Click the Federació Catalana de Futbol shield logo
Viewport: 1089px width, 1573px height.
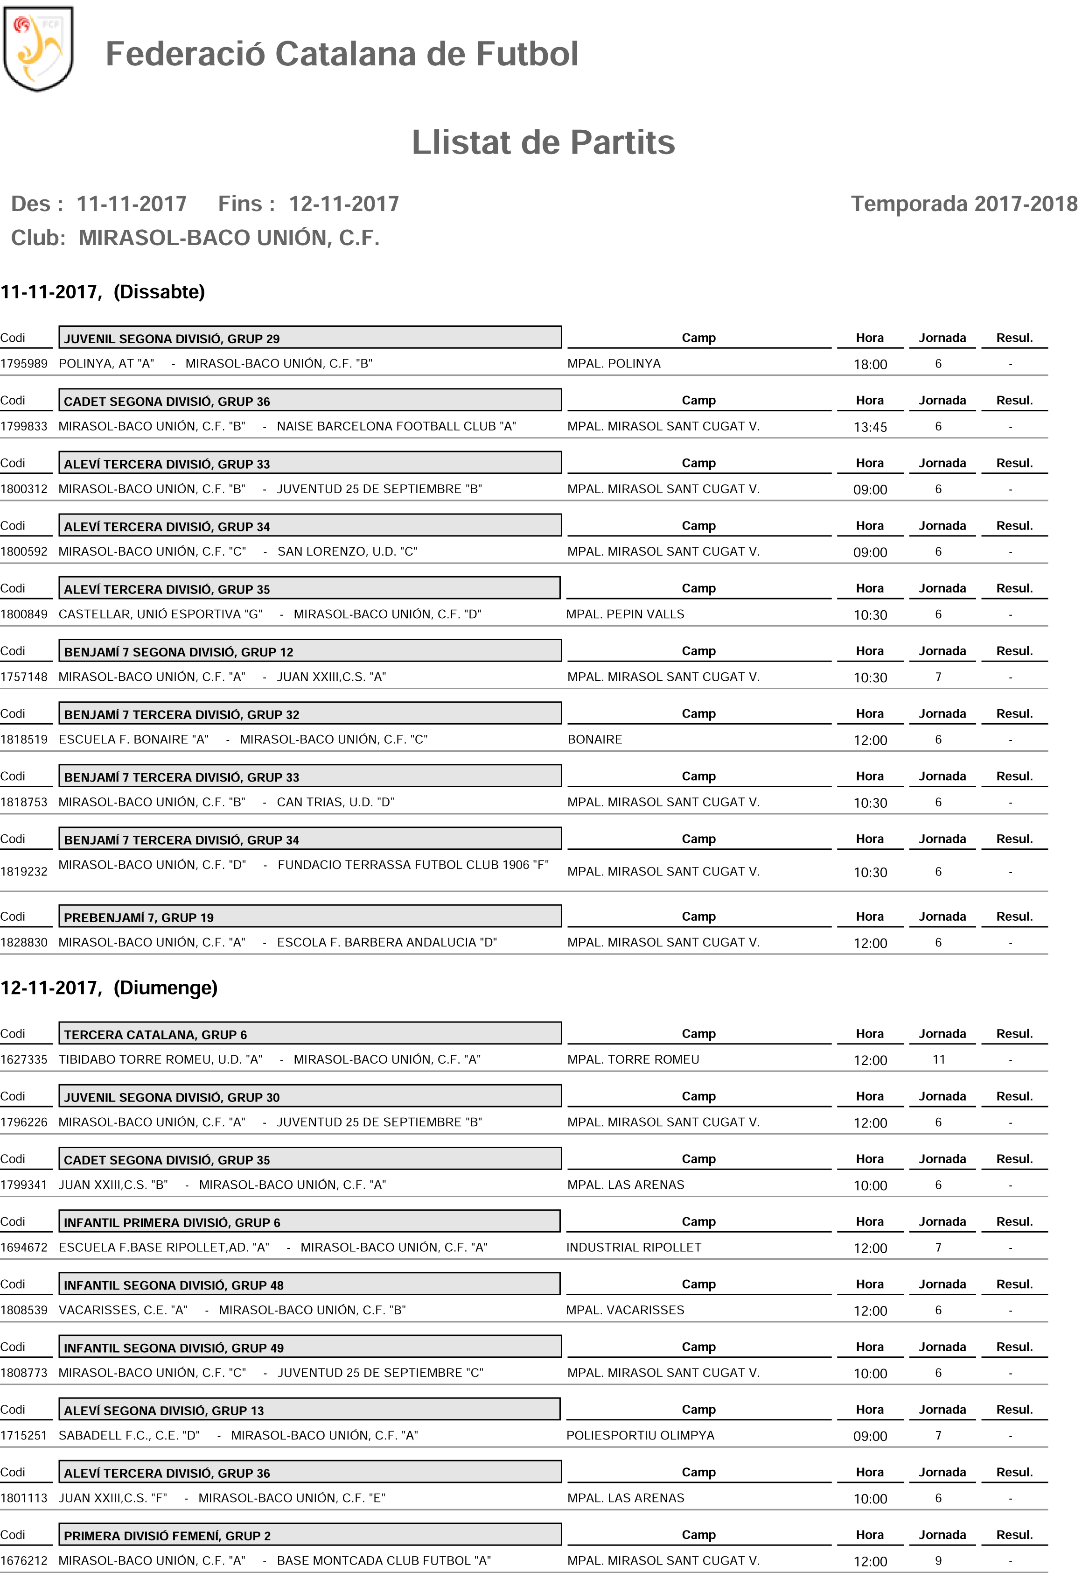(x=38, y=49)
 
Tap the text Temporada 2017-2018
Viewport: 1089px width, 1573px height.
(x=963, y=204)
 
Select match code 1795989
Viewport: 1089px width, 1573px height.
(x=24, y=364)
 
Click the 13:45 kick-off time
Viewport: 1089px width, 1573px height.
(x=870, y=427)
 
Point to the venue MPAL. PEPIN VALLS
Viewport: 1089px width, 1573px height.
(x=625, y=614)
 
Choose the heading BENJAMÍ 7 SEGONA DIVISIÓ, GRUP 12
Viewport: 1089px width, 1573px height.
(x=179, y=652)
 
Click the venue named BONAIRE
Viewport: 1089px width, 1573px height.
(x=594, y=740)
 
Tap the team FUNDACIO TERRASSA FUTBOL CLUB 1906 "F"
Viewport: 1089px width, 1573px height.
(x=413, y=865)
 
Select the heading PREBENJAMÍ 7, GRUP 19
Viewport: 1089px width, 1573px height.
(x=139, y=917)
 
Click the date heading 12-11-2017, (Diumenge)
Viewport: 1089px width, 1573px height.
(x=109, y=988)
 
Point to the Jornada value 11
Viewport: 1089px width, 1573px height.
(x=939, y=1059)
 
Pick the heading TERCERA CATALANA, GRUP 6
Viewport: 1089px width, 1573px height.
(x=155, y=1035)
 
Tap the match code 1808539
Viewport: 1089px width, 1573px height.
(x=24, y=1310)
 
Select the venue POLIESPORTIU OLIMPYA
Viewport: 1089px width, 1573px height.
(x=640, y=1436)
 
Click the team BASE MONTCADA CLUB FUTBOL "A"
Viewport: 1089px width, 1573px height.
(x=384, y=1561)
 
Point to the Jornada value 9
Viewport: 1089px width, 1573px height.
(x=938, y=1561)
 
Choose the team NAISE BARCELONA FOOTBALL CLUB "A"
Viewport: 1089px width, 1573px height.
(x=397, y=427)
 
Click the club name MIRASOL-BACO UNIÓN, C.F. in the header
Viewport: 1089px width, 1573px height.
(x=229, y=238)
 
